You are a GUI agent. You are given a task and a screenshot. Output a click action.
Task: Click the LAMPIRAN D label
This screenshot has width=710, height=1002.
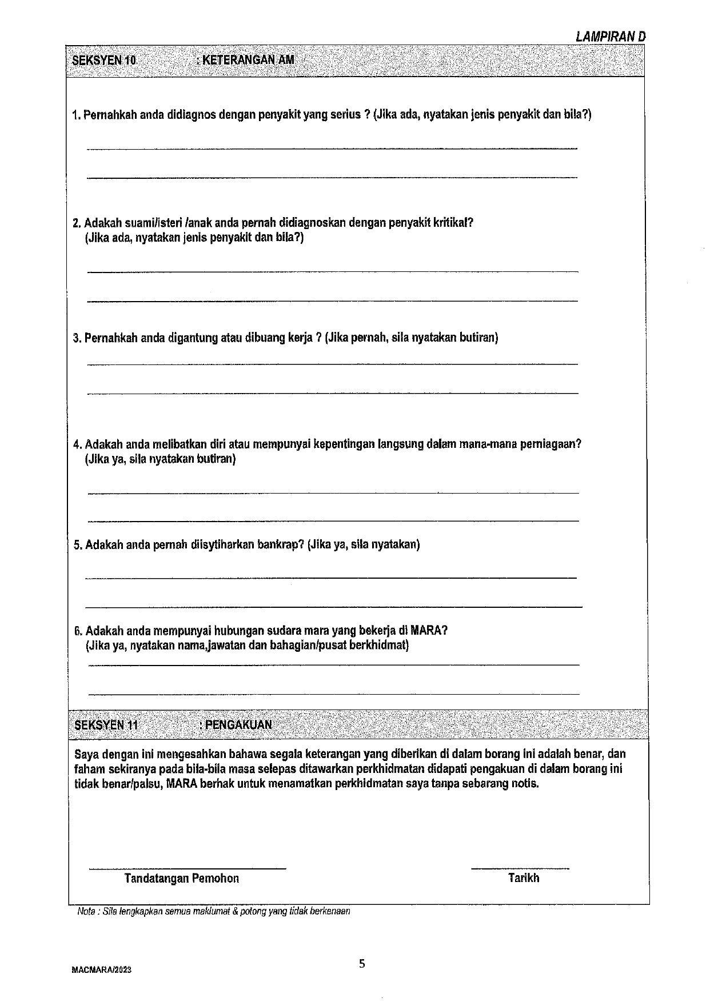click(611, 36)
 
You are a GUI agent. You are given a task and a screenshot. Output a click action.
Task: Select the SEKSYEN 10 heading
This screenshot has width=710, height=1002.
click(105, 60)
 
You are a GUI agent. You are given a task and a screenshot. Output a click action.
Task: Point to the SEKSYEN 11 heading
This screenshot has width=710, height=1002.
click(106, 725)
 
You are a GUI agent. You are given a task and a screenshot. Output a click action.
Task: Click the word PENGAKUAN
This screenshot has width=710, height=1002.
click(237, 725)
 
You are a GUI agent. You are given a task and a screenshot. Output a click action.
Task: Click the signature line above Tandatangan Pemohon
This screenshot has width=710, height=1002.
click(187, 868)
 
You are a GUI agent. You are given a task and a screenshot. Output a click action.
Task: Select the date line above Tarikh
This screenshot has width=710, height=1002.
click(520, 868)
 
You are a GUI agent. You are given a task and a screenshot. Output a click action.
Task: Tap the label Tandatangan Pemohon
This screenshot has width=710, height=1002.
click(181, 879)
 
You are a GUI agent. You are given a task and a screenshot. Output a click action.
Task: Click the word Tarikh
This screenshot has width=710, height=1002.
click(524, 878)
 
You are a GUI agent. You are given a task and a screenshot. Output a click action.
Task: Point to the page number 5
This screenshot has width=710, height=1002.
click(362, 964)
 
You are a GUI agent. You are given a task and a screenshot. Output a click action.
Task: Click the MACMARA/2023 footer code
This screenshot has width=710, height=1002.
click(102, 971)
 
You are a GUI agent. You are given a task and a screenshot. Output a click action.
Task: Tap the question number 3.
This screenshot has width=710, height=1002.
click(77, 338)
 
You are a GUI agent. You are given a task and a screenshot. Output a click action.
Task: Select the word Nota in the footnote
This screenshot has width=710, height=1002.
click(86, 912)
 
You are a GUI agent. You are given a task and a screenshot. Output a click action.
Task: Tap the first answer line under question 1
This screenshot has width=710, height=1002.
click(332, 149)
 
